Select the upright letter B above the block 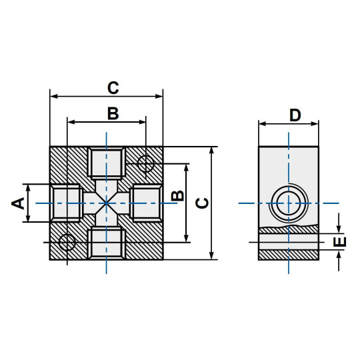click(x=113, y=113)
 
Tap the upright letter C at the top click(x=113, y=87)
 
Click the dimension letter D click(x=295, y=115)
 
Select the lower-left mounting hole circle click(x=67, y=241)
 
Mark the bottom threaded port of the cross click(x=107, y=243)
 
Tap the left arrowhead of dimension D click(x=262, y=124)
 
